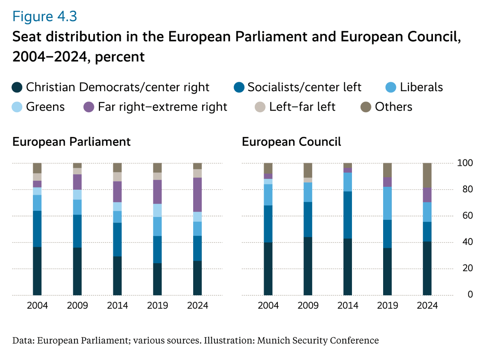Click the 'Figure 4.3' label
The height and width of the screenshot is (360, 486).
45,17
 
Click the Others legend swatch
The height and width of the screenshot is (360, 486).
366,107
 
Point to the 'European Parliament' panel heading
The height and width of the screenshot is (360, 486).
72,142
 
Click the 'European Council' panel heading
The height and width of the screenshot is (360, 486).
292,142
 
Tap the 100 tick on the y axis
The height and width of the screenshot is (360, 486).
465,163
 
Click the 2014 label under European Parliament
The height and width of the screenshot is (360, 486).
117,305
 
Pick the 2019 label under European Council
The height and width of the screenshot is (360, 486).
387,305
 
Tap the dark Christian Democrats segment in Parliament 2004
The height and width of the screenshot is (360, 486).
37,271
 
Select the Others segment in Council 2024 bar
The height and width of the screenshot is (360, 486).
427,175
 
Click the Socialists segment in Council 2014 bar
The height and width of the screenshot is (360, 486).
347,215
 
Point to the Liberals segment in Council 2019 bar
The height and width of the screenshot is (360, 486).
387,203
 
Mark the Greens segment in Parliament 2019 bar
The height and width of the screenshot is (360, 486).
158,210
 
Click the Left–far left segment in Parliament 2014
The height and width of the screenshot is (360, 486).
117,177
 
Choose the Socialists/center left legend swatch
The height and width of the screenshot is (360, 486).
239,87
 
